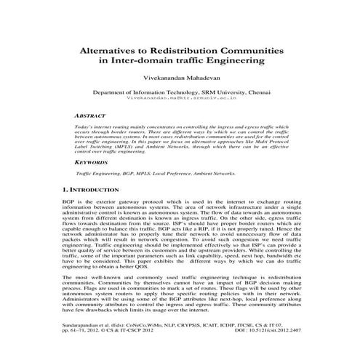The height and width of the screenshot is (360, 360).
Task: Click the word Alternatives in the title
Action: tap(116, 52)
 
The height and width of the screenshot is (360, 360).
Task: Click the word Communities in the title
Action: tap(250, 52)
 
